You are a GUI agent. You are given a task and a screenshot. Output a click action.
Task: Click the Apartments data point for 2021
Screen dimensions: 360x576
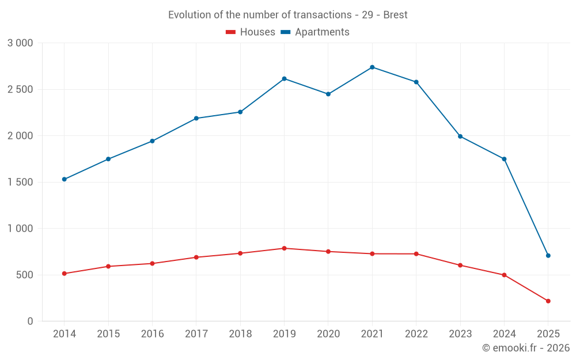pos(372,67)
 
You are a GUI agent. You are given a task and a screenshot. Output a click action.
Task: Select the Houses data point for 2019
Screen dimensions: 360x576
pos(284,248)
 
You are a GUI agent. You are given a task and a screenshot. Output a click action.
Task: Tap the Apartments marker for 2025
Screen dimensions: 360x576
pos(548,256)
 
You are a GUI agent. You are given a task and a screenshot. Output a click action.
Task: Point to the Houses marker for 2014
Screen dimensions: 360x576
pos(64,274)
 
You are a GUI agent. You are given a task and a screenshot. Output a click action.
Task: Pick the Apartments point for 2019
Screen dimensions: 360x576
pos(284,79)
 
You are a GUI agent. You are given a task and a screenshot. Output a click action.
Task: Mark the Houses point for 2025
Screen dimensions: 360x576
pos(548,301)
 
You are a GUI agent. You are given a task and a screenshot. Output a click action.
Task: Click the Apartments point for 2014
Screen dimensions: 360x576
pos(64,179)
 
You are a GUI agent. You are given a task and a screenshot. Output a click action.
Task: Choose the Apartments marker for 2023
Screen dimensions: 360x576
pos(460,137)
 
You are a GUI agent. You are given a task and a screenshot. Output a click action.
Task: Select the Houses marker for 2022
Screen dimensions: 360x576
pos(416,254)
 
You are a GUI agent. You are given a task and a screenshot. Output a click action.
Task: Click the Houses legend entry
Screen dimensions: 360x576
pos(251,32)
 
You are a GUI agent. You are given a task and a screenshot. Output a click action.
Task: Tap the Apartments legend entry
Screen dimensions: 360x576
pos(315,32)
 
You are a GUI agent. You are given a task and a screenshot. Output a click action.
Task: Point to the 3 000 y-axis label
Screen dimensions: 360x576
pos(20,43)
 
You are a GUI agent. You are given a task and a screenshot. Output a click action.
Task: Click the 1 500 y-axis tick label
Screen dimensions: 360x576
pos(20,183)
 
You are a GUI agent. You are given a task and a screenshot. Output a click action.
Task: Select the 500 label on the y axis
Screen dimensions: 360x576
pos(25,275)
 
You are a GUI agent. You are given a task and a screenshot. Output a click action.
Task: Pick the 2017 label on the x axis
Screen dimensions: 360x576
pos(196,334)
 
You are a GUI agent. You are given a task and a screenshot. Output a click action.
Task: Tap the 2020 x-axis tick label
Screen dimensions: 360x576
pos(328,334)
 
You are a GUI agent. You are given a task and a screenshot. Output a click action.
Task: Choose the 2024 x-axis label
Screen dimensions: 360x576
pos(504,334)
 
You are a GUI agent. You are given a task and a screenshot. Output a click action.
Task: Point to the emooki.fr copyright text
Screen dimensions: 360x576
pos(526,348)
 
